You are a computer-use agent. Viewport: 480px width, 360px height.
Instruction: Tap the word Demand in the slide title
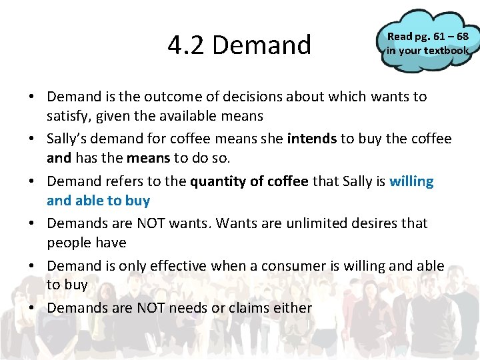coord(262,45)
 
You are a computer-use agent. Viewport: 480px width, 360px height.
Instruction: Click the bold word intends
coord(311,139)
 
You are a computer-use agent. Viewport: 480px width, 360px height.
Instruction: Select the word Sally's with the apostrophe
coord(70,139)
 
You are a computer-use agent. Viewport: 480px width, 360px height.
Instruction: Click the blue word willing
coord(411,181)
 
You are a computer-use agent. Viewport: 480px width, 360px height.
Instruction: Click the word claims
coord(250,308)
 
